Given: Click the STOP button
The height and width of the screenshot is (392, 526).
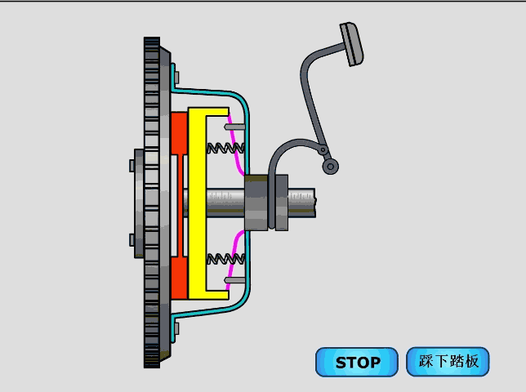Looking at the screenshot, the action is coord(357,362).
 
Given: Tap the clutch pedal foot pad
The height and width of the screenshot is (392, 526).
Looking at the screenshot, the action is coord(351,44).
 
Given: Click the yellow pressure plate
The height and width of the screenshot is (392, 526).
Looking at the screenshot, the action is coord(197,203).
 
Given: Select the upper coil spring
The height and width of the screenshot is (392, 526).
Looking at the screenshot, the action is coord(225,148).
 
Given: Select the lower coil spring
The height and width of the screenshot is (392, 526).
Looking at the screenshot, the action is coord(225,259).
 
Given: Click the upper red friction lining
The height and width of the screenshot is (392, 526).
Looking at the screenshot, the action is coord(179,133).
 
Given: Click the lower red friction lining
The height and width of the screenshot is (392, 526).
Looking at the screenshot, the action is coord(179,278).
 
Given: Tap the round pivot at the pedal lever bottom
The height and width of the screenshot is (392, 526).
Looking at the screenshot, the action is coord(331,167).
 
